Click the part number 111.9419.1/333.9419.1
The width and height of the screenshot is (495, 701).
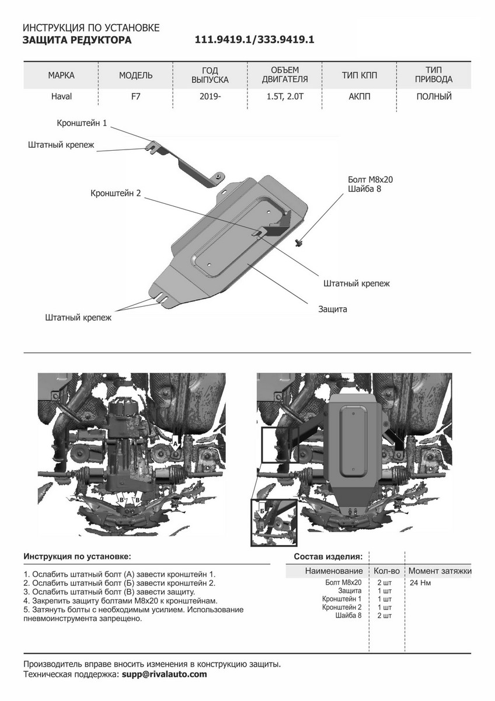pyautogui.click(x=255, y=40)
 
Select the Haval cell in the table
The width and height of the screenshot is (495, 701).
pyautogui.click(x=61, y=96)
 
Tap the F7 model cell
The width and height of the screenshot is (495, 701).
pyautogui.click(x=135, y=96)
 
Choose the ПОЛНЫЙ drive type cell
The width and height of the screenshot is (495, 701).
pyautogui.click(x=434, y=96)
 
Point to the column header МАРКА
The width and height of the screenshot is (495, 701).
pyautogui.click(x=61, y=75)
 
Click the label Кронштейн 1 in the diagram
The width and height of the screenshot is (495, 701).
pyautogui.click(x=82, y=123)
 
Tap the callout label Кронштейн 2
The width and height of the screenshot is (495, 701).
pyautogui.click(x=116, y=193)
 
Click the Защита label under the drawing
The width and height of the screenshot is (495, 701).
pyautogui.click(x=333, y=309)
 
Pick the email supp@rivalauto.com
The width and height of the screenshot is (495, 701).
pyautogui.click(x=164, y=674)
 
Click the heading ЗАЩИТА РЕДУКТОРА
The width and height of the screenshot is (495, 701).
pyautogui.click(x=77, y=40)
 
